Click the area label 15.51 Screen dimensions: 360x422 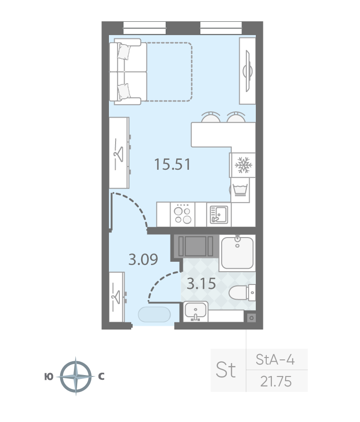coord(172,164)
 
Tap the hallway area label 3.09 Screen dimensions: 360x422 coord(143,259)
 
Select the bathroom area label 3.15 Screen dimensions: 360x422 coord(201,284)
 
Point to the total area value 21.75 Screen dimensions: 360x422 coord(276,381)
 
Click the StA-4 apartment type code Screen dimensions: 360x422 coord(275,359)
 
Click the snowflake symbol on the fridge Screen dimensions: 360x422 coord(243,165)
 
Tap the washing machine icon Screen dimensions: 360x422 coord(240,190)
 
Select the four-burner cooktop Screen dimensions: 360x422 coord(182,214)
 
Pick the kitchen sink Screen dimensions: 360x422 coord(218,214)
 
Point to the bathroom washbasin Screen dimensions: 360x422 coord(196,312)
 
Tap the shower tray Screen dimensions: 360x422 coord(237,253)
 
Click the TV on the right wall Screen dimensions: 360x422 coord(247,71)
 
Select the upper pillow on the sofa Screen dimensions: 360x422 coord(124,52)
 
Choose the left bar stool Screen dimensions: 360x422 coord(211,117)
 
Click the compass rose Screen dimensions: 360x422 coord(76,376)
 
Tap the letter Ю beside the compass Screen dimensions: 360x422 coord(49,377)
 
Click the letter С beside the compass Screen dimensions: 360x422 coord(101,376)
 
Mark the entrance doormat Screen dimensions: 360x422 coord(154,314)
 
